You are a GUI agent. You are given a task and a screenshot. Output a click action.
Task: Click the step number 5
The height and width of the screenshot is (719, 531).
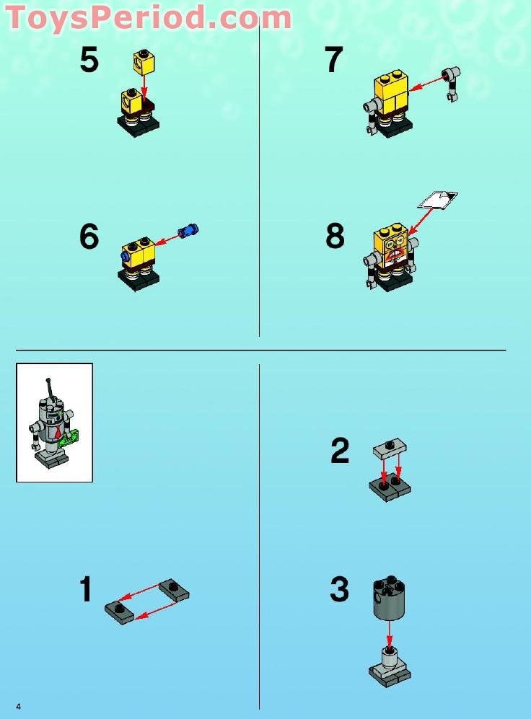[89, 60]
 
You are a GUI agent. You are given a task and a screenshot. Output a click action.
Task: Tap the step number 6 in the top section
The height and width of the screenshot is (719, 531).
[89, 237]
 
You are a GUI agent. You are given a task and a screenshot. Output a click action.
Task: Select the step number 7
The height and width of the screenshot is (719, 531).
[333, 60]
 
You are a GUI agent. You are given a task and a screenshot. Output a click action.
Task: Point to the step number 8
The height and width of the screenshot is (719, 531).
[335, 237]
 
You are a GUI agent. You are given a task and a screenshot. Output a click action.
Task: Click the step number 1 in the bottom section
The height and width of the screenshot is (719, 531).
[86, 589]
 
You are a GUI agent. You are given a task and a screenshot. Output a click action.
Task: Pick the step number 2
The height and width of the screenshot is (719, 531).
[340, 451]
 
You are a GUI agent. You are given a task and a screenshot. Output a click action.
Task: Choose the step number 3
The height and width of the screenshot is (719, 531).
[339, 589]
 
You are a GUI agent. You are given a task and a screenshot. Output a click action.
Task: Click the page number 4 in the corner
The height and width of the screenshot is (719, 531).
[18, 706]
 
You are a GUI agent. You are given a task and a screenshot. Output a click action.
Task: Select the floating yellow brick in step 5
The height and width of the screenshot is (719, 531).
[144, 63]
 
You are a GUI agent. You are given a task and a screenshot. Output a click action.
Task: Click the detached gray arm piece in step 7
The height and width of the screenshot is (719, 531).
[452, 81]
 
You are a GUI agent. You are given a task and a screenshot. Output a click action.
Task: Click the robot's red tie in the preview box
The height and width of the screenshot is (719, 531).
[56, 433]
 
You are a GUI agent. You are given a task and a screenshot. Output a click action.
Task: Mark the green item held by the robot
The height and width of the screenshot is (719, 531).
[71, 437]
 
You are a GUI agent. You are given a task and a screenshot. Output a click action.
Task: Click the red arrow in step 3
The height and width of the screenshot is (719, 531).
[390, 633]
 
